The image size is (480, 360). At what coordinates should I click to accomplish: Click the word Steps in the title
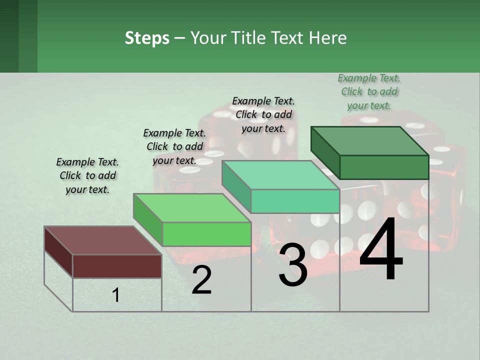tap(147, 38)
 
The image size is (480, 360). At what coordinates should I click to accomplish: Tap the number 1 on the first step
tap(116, 295)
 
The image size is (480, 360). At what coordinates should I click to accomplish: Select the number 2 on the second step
tap(201, 280)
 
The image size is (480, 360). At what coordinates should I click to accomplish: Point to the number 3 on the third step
tap(292, 265)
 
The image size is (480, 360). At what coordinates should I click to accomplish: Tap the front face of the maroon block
tap(117, 266)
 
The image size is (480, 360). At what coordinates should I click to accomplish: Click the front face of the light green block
tap(206, 234)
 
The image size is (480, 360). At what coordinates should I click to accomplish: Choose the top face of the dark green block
tap(369, 140)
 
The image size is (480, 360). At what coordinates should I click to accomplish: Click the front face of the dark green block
tap(384, 167)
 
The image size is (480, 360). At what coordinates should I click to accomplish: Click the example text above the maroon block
tap(87, 175)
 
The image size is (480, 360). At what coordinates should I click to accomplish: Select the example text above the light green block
tap(174, 146)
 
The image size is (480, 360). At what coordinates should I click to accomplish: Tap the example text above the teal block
tap(263, 114)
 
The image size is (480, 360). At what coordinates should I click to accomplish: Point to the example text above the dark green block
tap(369, 91)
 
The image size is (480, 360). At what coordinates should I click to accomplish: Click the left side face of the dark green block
tap(325, 152)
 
